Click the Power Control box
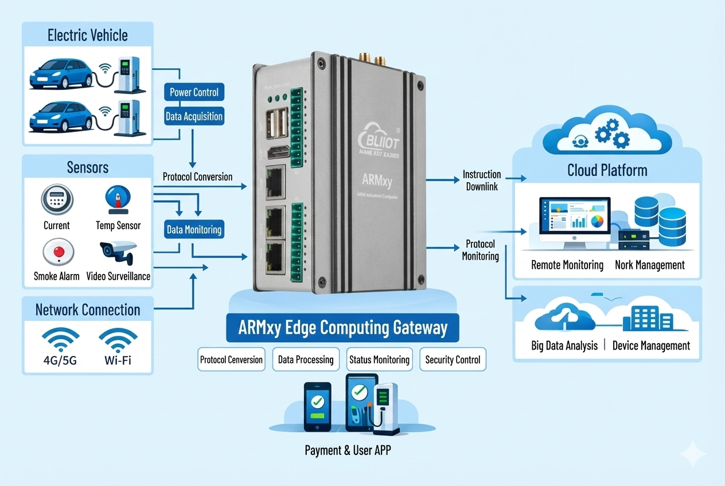(194, 92)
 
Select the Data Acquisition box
(194, 116)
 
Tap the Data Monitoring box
(194, 230)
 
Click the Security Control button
(453, 360)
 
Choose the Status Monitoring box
(379, 360)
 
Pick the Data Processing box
(306, 360)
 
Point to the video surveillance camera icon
(117, 251)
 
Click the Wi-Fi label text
(118, 362)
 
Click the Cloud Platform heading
(607, 170)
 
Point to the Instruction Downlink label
(482, 179)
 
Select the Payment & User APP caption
(348, 450)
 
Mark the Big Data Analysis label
(564, 346)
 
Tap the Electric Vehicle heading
(88, 36)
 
